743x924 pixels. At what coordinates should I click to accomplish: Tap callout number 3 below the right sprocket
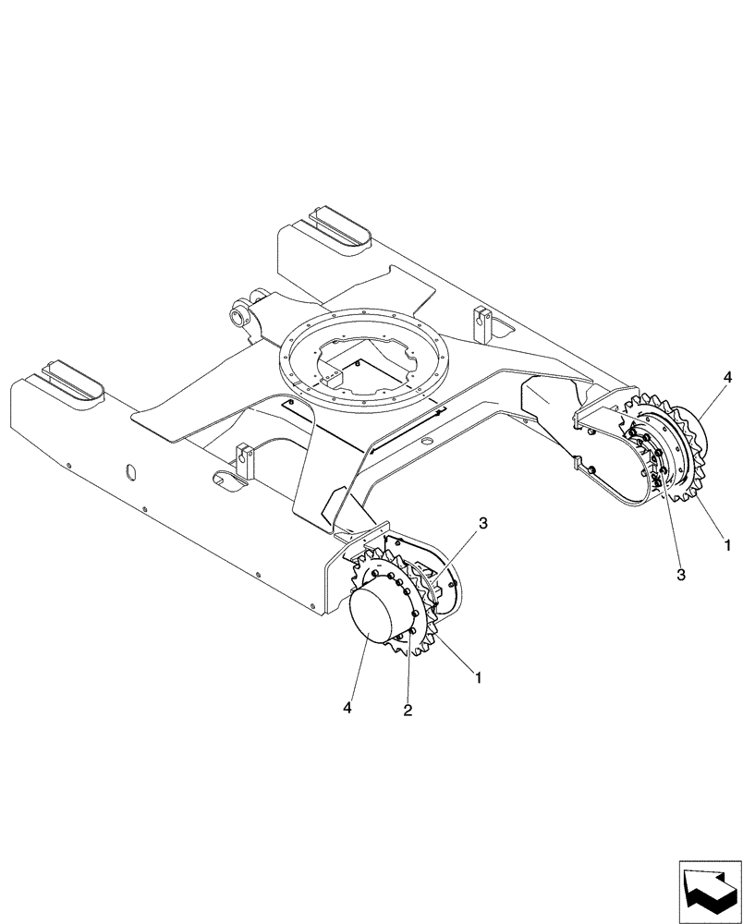click(681, 575)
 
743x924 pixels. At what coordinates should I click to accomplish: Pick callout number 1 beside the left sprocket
click(478, 677)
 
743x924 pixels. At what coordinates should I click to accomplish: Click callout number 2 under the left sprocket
click(408, 710)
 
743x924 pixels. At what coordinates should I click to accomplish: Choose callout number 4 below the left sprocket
click(347, 708)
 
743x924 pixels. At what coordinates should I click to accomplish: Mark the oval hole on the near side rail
click(129, 471)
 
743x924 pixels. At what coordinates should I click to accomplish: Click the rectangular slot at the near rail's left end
click(69, 381)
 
